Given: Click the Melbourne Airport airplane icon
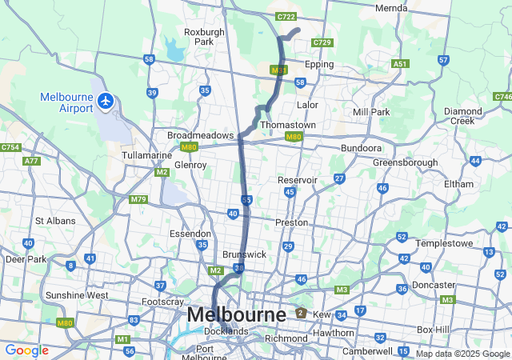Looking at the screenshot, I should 106,101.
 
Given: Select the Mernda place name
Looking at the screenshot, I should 391,8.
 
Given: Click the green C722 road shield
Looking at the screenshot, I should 286,16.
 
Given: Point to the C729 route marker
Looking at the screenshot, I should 322,42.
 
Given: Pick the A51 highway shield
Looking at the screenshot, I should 400,63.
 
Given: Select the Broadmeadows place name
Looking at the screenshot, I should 200,135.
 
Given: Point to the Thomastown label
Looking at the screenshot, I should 288,126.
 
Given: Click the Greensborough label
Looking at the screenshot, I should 405,162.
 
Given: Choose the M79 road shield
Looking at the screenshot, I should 138,199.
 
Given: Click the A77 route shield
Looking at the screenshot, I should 32,161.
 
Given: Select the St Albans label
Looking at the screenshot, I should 55,221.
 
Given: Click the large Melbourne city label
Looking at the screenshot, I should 236,315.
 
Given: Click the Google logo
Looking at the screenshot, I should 26,350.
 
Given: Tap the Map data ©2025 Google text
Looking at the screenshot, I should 462,354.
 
